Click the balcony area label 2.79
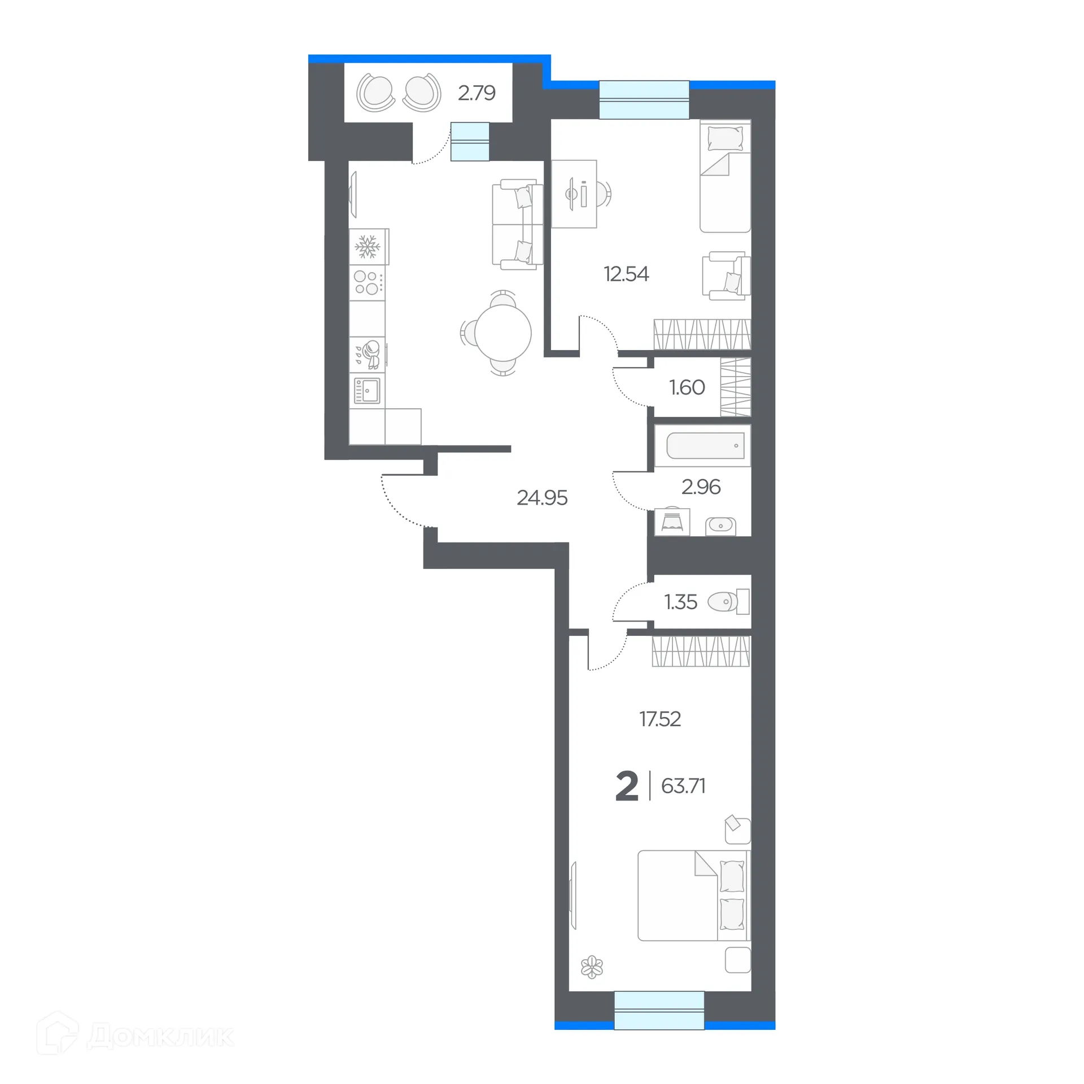(x=476, y=93)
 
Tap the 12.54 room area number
(x=626, y=274)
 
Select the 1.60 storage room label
(x=687, y=387)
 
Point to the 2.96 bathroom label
(x=701, y=487)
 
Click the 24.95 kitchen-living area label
(x=541, y=497)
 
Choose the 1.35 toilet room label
(x=680, y=602)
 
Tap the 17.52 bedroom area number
(x=659, y=719)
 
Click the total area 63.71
(x=683, y=786)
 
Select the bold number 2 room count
(x=627, y=786)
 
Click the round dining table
(x=502, y=333)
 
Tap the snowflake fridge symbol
(x=368, y=247)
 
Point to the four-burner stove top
(x=366, y=283)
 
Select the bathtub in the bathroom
(x=705, y=446)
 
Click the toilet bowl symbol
(x=723, y=602)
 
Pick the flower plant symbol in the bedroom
(x=592, y=967)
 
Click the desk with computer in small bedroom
(x=574, y=194)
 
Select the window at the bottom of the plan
(x=659, y=1010)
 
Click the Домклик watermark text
(x=160, y=1037)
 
